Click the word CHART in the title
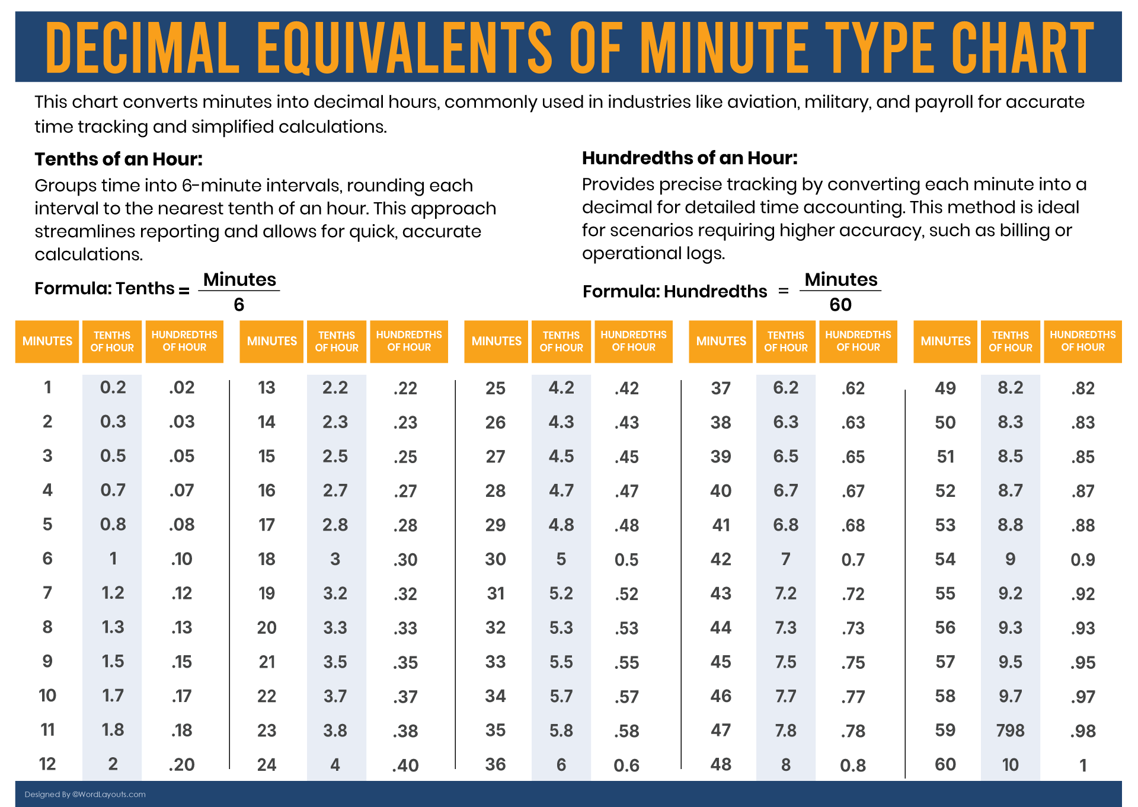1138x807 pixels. coord(1022,47)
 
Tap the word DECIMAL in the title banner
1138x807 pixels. coord(142,47)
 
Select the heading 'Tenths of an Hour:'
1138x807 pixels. coord(119,159)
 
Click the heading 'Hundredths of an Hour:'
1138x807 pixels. coord(689,158)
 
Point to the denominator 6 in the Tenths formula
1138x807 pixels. coord(239,305)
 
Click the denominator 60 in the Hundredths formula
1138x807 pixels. coord(840,305)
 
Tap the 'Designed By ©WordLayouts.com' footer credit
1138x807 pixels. coord(85,795)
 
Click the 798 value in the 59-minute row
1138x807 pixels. coord(1010,731)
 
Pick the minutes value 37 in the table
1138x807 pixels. coord(721,388)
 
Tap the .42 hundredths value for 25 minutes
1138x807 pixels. coord(626,388)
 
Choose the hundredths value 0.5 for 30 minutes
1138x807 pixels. coord(626,560)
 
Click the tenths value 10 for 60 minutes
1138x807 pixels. coord(1010,765)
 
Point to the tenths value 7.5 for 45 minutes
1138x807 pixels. coord(786,662)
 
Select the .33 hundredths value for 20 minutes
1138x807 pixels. coord(405,628)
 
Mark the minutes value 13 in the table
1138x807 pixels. coord(267,388)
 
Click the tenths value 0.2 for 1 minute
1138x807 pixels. coord(113,388)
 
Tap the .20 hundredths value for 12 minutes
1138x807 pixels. coord(181,765)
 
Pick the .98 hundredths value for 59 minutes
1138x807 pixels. coord(1083,731)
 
